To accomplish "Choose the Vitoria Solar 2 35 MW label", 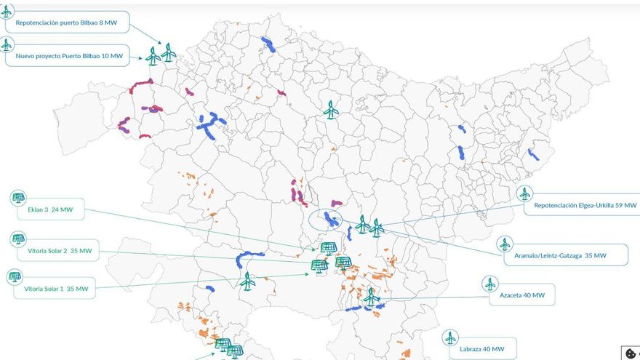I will [60, 251].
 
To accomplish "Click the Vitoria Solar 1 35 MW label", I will [56, 289].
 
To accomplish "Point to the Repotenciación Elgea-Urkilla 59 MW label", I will [585, 205].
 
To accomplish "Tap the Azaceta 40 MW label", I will [522, 295].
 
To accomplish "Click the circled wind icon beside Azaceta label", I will [491, 284].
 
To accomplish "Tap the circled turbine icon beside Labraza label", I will [450, 337].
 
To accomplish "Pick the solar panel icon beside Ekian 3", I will [17, 198].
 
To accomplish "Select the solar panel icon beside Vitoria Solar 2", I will [17, 239].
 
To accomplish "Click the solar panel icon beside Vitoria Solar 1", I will [15, 277].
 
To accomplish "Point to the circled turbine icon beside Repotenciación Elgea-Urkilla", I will [524, 193].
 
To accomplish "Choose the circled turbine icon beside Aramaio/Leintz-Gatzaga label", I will [505, 244].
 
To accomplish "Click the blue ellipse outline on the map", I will [324, 220].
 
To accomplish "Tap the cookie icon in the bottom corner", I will [631, 353].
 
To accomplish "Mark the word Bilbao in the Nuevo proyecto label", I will [94, 56].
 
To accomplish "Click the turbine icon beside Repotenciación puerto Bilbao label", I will [7, 11].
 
